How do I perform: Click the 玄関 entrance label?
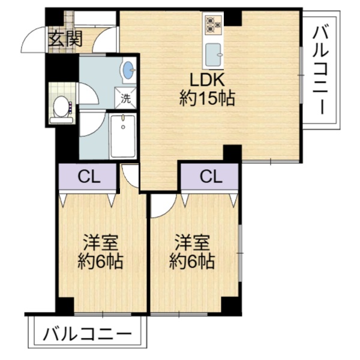65,38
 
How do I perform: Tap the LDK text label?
207,80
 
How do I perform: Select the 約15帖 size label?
207,98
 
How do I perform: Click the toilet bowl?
61,107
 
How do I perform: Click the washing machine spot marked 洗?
126,98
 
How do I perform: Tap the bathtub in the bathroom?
123,136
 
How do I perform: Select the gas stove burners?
213,25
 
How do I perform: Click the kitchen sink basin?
213,55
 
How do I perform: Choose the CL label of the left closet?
89,177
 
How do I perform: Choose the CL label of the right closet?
211,177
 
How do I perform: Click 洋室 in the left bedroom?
101,242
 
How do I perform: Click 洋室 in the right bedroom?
192,242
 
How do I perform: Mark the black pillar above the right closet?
232,154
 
